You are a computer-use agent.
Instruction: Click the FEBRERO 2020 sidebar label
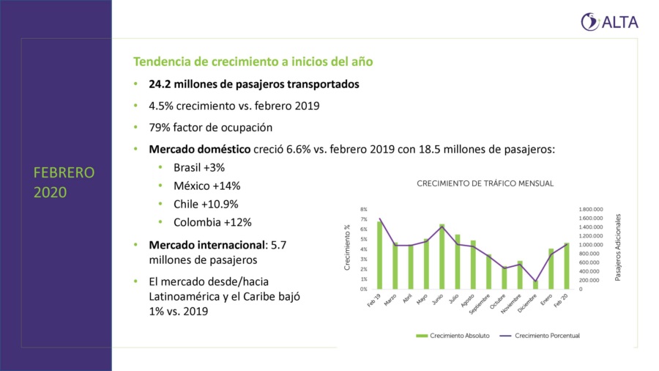[x=64, y=183]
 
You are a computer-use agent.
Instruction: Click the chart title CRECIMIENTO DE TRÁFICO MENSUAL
[x=485, y=183]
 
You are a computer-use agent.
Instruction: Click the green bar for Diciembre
[x=535, y=285]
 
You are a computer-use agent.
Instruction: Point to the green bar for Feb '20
[x=566, y=266]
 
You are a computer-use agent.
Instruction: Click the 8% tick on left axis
[x=364, y=210]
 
